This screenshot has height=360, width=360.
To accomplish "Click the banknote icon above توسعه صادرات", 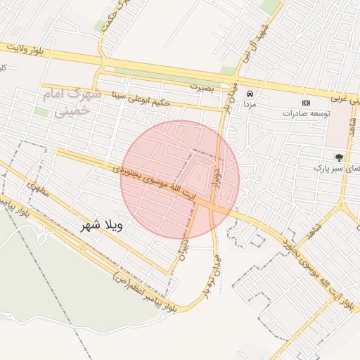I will pyautogui.click(x=306, y=103).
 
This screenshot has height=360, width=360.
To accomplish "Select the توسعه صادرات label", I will pyautogui.click(x=307, y=113).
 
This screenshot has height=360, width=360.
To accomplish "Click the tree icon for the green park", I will pyautogui.click(x=339, y=157).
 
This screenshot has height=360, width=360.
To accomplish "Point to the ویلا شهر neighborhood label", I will pyautogui.click(x=98, y=226).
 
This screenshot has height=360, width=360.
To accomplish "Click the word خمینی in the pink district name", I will pyautogui.click(x=73, y=110).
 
